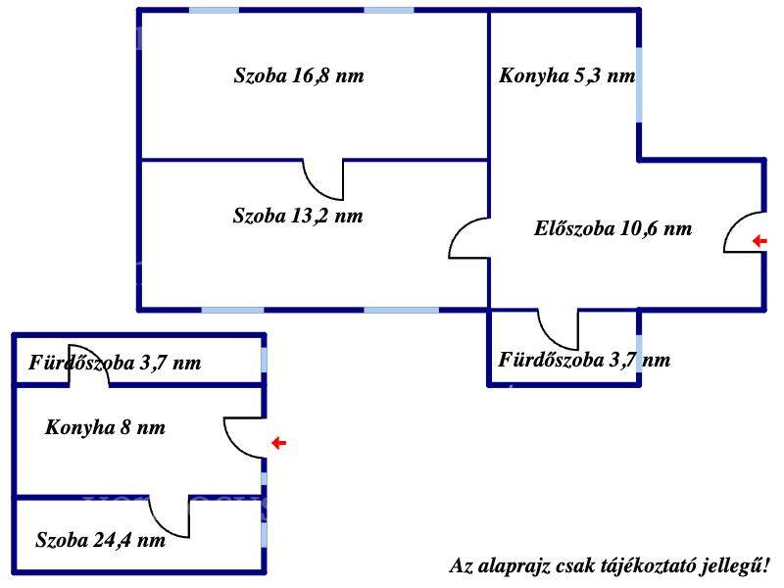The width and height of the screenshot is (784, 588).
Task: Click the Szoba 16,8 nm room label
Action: pyautogui.click(x=299, y=75)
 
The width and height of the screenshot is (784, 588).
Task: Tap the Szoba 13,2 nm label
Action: pyautogui.click(x=298, y=216)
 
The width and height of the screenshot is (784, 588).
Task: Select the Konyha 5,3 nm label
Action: pyautogui.click(x=567, y=75)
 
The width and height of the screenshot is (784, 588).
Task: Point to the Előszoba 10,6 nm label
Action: pyautogui.click(x=613, y=228)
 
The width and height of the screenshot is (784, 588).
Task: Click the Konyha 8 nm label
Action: pyautogui.click(x=105, y=427)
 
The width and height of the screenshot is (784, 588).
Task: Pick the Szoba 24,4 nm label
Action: pyautogui.click(x=101, y=540)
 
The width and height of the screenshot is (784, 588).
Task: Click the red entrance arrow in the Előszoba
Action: pyautogui.click(x=759, y=241)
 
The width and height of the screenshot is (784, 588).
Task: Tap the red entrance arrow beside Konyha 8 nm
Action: pyautogui.click(x=279, y=443)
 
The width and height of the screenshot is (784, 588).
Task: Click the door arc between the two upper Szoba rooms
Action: pyautogui.click(x=318, y=189)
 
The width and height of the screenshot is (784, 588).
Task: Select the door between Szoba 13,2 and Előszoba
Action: pyautogui.click(x=460, y=230)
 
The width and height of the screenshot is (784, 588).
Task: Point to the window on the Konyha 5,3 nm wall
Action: pyautogui.click(x=639, y=84)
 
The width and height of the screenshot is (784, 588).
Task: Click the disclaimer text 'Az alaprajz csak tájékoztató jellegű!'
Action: pyautogui.click(x=610, y=566)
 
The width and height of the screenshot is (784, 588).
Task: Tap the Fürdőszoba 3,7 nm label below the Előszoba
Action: pyautogui.click(x=584, y=360)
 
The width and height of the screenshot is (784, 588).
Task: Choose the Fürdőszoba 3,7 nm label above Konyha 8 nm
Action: pyautogui.click(x=115, y=363)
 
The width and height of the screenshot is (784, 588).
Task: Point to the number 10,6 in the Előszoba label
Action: pyautogui.click(x=639, y=228)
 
